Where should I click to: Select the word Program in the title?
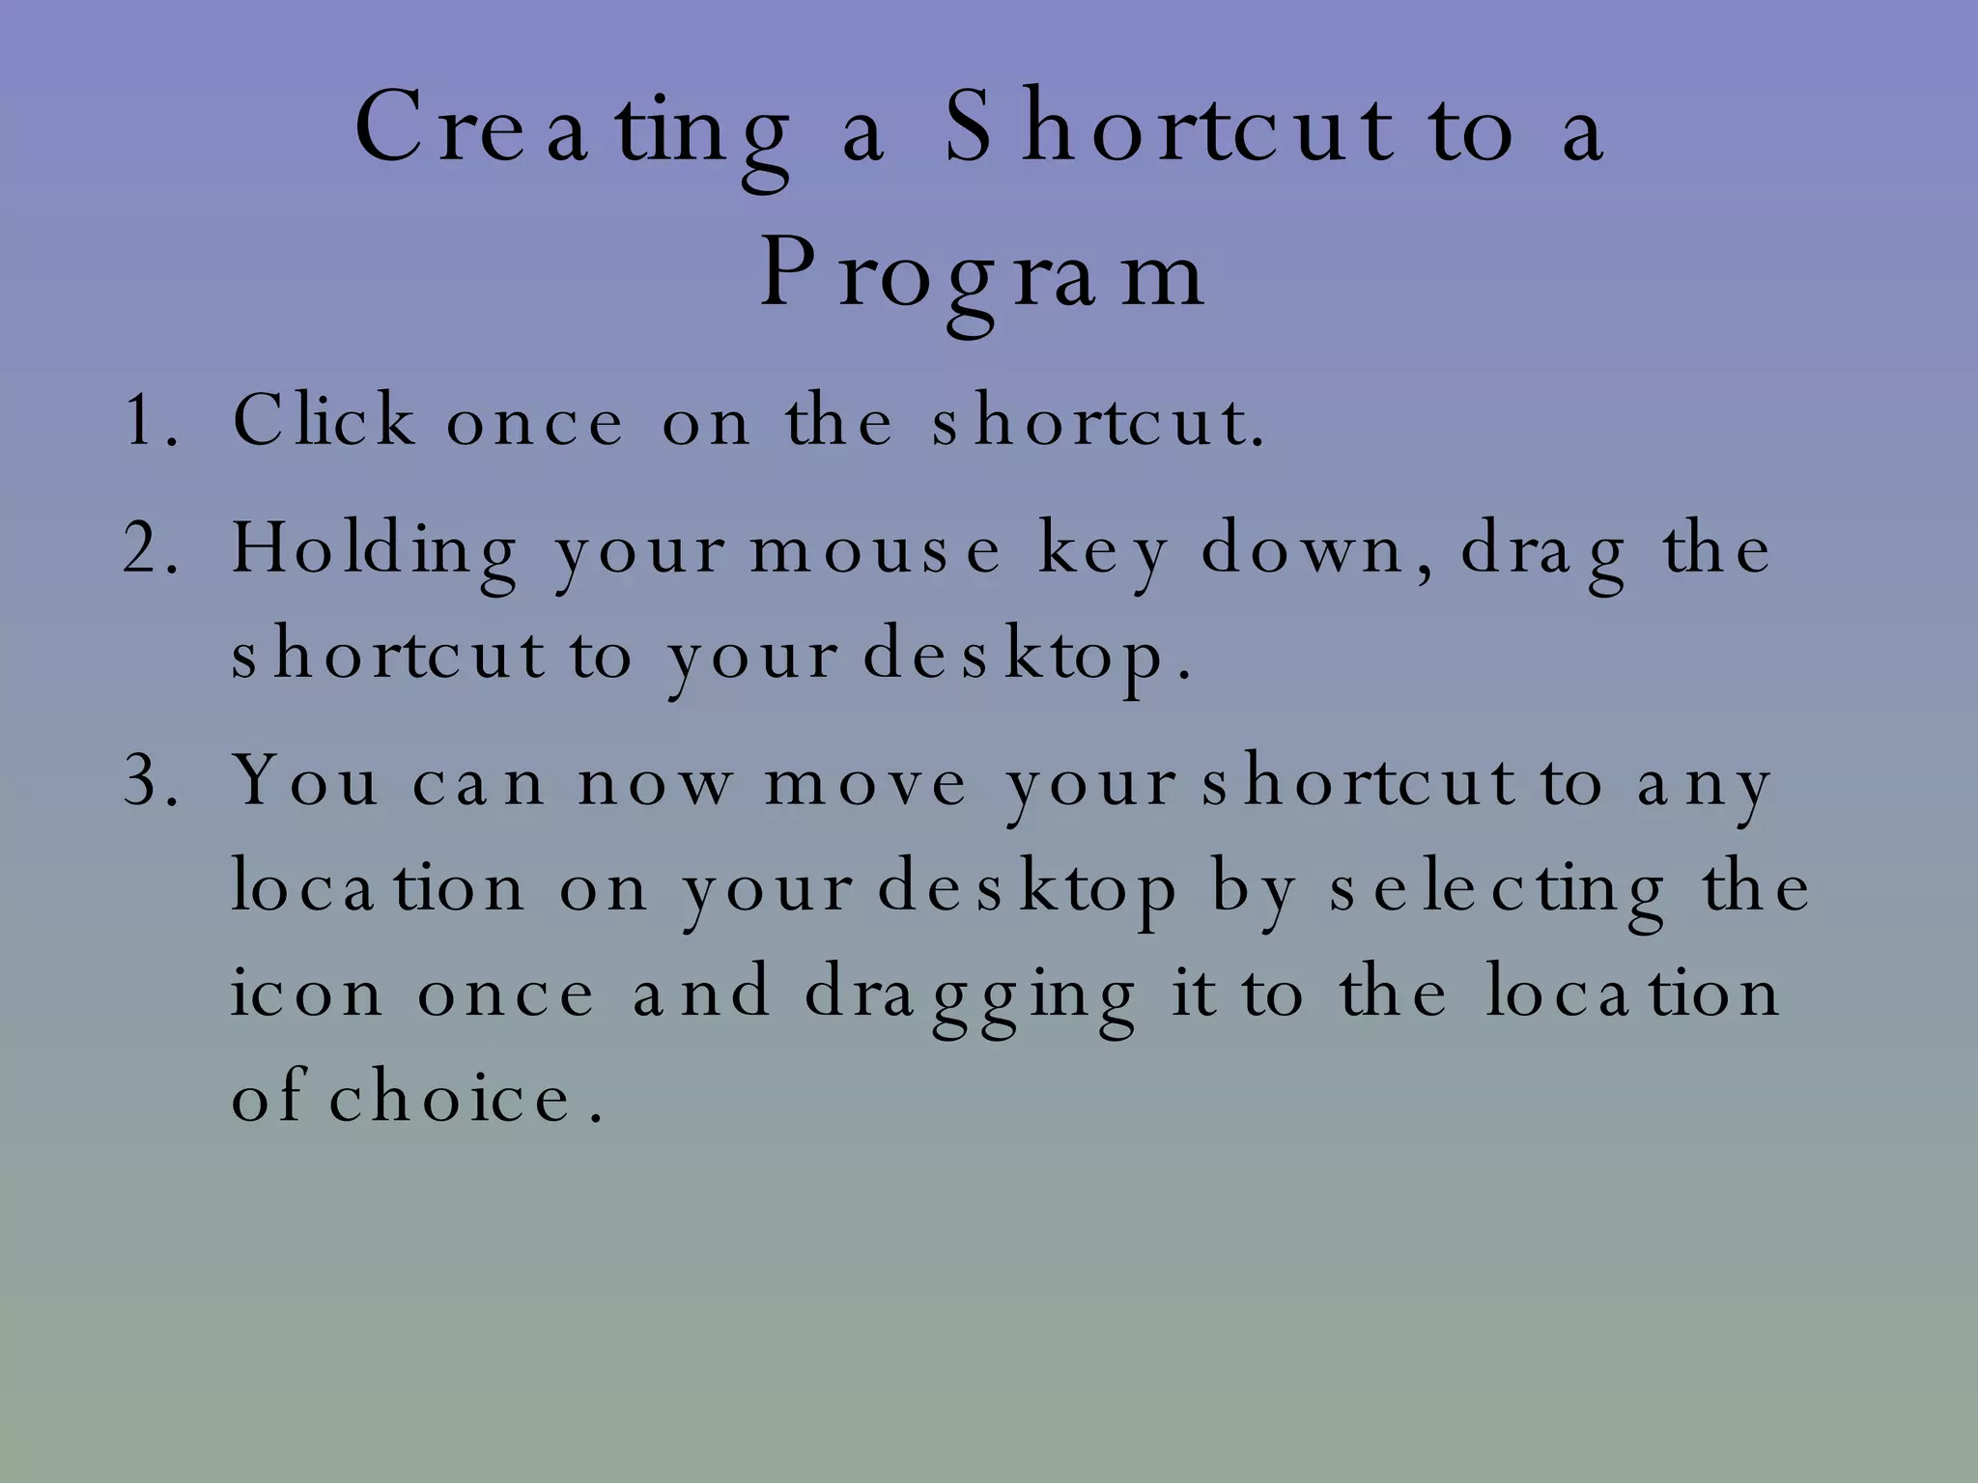(x=982, y=277)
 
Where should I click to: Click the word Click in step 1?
(x=324, y=421)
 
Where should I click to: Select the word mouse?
(x=875, y=550)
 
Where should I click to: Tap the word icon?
(x=306, y=993)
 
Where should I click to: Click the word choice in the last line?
(x=452, y=1099)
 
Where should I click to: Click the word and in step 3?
(x=701, y=993)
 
